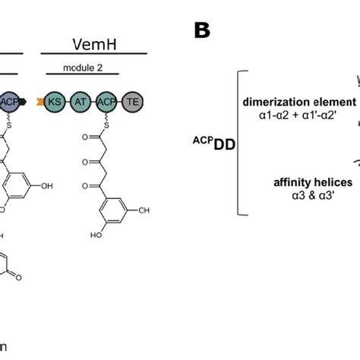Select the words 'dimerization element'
(x=299, y=101)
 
